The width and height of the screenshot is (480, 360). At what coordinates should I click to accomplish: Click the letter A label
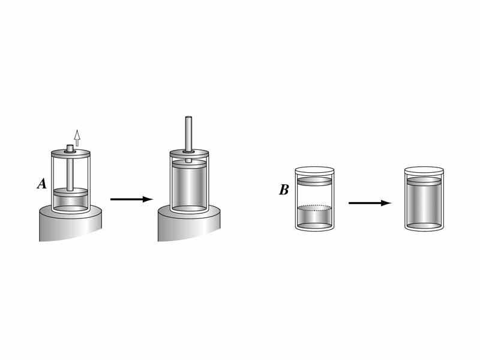tap(41, 184)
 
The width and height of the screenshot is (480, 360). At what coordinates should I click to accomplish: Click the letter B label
tap(284, 190)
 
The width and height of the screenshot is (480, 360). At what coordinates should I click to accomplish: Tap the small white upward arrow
tap(77, 137)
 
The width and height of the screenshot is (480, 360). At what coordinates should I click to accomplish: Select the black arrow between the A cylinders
tap(131, 199)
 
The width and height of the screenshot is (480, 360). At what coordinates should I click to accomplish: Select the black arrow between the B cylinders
tap(370, 203)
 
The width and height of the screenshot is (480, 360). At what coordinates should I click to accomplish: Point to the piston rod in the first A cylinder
tap(71, 171)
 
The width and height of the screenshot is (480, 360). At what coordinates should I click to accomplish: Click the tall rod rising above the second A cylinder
tap(188, 132)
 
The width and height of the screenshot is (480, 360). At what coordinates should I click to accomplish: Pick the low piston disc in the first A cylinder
tap(71, 193)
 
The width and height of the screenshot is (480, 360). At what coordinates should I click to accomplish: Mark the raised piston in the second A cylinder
tap(189, 164)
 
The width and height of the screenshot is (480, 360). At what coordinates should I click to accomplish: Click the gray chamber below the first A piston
tap(71, 202)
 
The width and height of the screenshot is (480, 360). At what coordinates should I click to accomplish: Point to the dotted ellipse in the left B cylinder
tap(314, 208)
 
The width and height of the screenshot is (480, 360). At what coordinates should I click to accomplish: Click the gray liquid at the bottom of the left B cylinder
tap(314, 218)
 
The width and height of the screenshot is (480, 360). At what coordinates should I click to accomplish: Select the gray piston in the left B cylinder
tap(314, 181)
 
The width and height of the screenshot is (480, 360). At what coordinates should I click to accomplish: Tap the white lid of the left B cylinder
tap(314, 170)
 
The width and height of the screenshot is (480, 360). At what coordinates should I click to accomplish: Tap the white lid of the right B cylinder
tap(425, 170)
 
